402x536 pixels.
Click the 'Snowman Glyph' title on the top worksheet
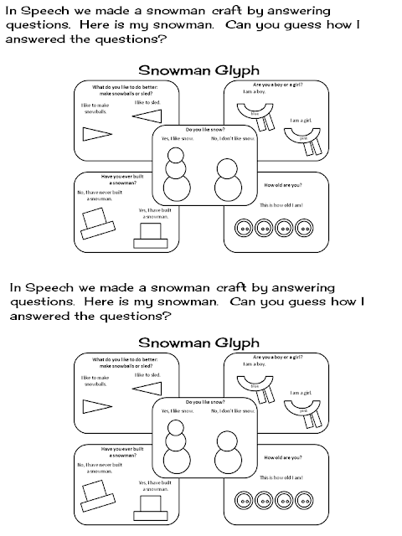tap(197, 70)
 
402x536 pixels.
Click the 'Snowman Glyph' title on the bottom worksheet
tap(197, 342)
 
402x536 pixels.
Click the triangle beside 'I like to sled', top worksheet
tap(147, 116)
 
